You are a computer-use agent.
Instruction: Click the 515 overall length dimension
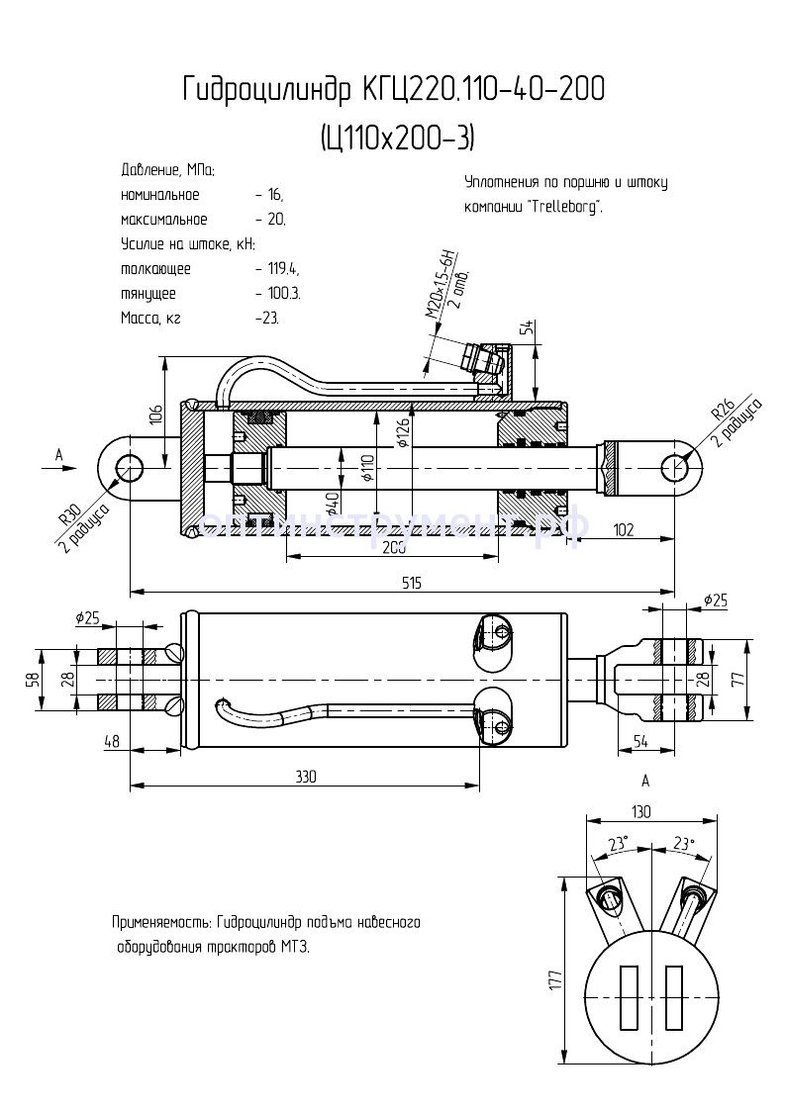(x=412, y=583)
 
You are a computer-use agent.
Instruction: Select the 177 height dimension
(x=555, y=978)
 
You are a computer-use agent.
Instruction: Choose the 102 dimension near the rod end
(x=624, y=529)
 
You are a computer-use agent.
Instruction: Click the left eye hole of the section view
(x=129, y=467)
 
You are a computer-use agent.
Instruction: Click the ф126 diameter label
(x=403, y=432)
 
